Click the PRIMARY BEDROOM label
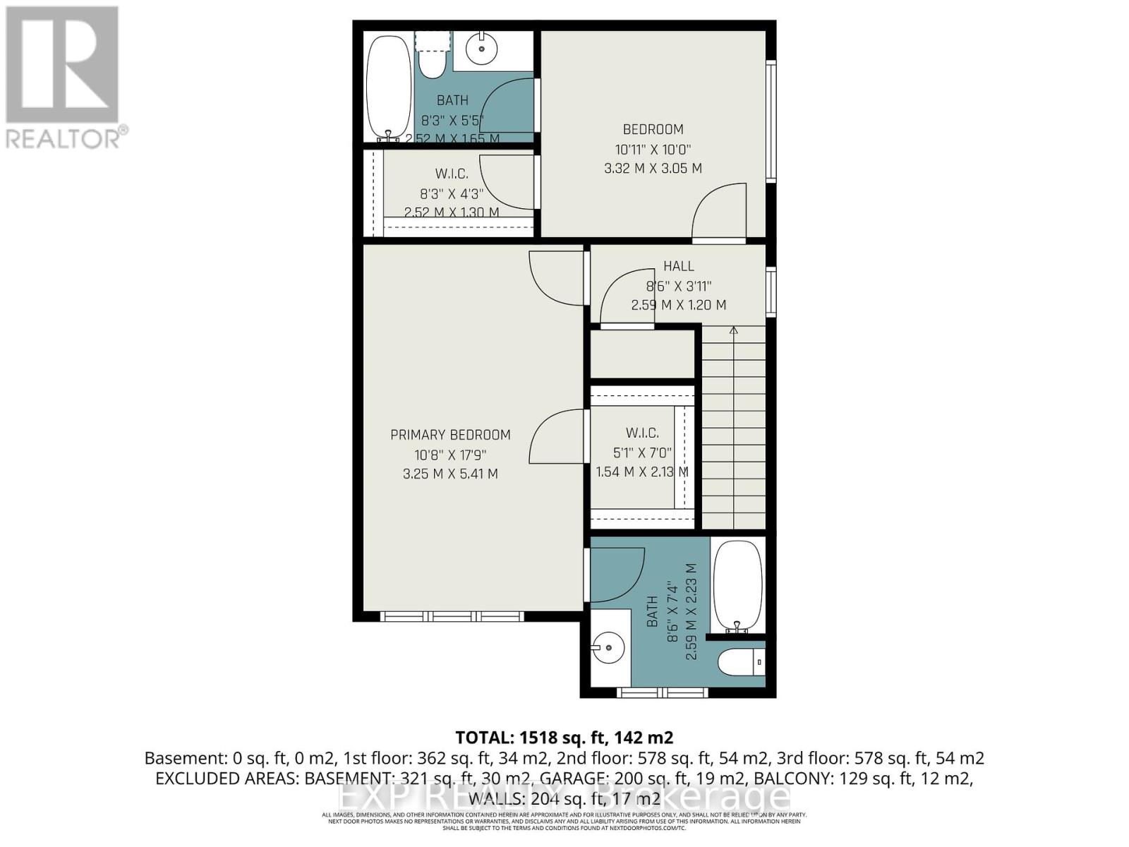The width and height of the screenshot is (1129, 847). [450, 435]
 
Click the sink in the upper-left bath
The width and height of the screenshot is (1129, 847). [483, 49]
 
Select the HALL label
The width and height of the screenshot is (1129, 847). [678, 266]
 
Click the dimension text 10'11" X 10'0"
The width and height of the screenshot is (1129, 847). [653, 150]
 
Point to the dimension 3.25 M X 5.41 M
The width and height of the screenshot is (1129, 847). [450, 474]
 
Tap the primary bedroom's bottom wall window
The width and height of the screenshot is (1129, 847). [452, 616]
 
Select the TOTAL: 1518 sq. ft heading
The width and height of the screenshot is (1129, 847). [564, 738]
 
